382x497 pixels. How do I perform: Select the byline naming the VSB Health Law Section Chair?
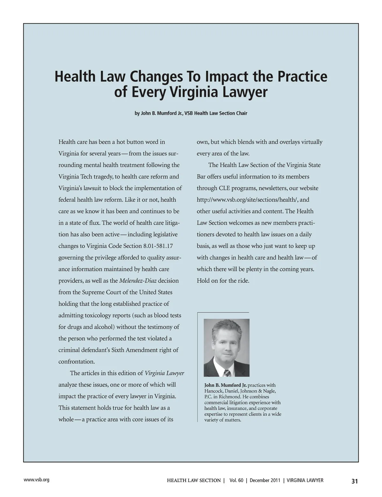[191, 113]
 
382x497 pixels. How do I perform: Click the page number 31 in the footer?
[355, 481]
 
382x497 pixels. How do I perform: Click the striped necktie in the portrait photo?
[227, 373]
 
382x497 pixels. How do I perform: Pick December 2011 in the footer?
[265, 480]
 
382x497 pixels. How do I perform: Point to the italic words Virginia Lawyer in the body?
[164, 373]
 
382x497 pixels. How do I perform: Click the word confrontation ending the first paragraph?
[76, 362]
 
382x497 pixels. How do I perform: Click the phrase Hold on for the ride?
[223, 281]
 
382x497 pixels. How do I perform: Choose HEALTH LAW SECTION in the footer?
[194, 480]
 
